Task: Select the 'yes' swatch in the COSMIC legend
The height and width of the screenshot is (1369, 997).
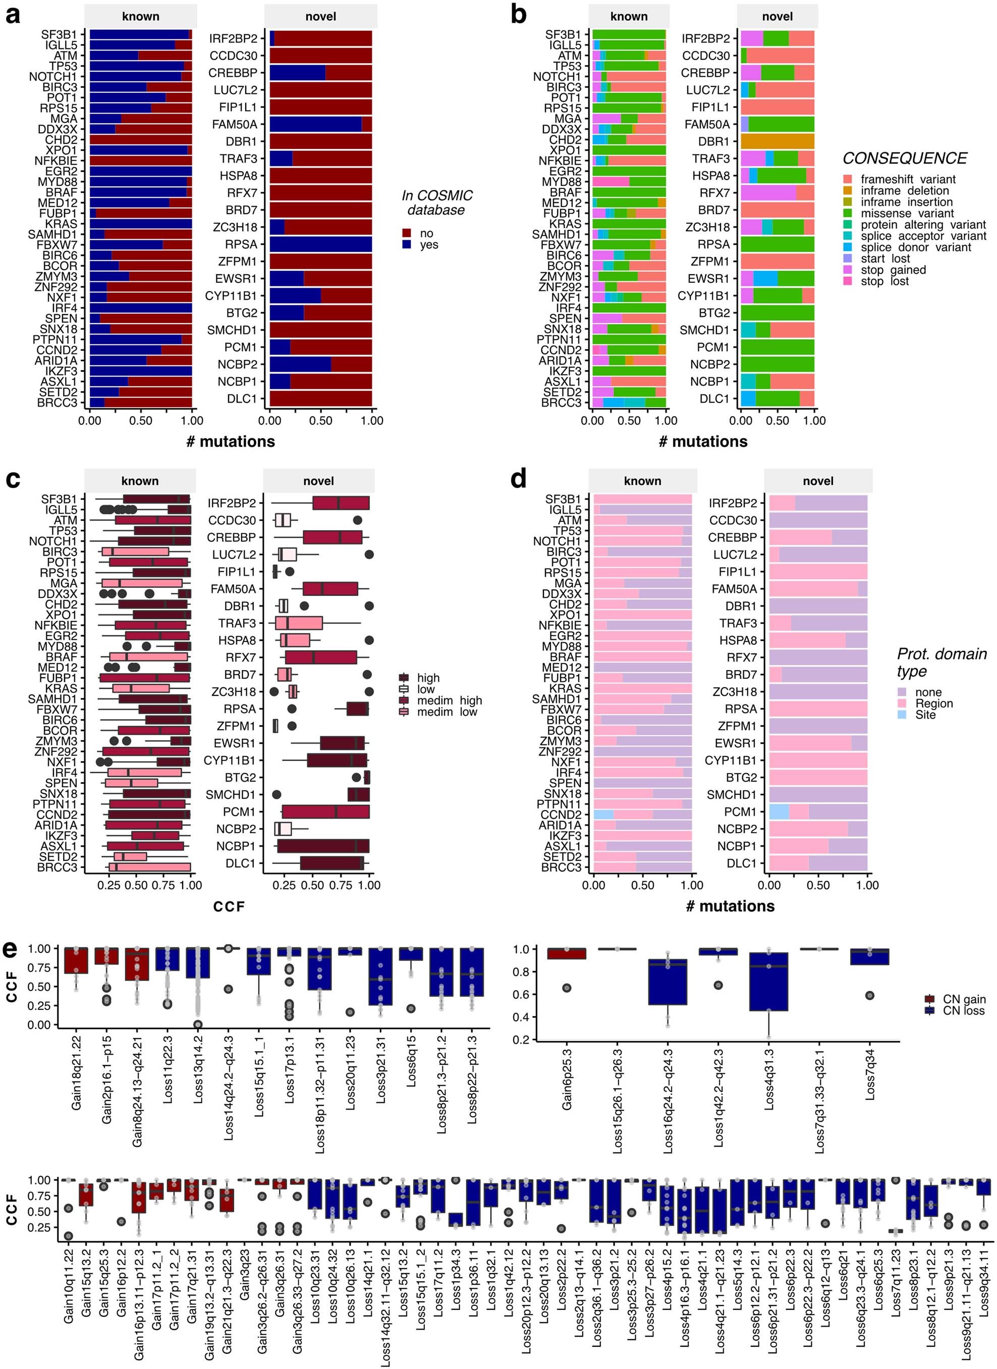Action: pos(407,244)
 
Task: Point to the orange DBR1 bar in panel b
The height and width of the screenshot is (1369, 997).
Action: pos(778,141)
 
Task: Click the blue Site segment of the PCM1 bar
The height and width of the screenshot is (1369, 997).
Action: pos(779,812)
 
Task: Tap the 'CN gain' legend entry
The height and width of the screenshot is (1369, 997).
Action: pos(963,999)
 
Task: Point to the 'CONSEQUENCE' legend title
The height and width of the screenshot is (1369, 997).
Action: pos(904,158)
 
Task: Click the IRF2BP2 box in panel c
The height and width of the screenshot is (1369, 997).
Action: pos(341,503)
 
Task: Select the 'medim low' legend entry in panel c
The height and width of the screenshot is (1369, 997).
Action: pos(447,712)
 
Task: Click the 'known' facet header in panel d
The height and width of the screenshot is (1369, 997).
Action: pos(642,481)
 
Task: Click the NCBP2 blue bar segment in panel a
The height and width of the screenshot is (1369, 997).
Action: pos(300,364)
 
